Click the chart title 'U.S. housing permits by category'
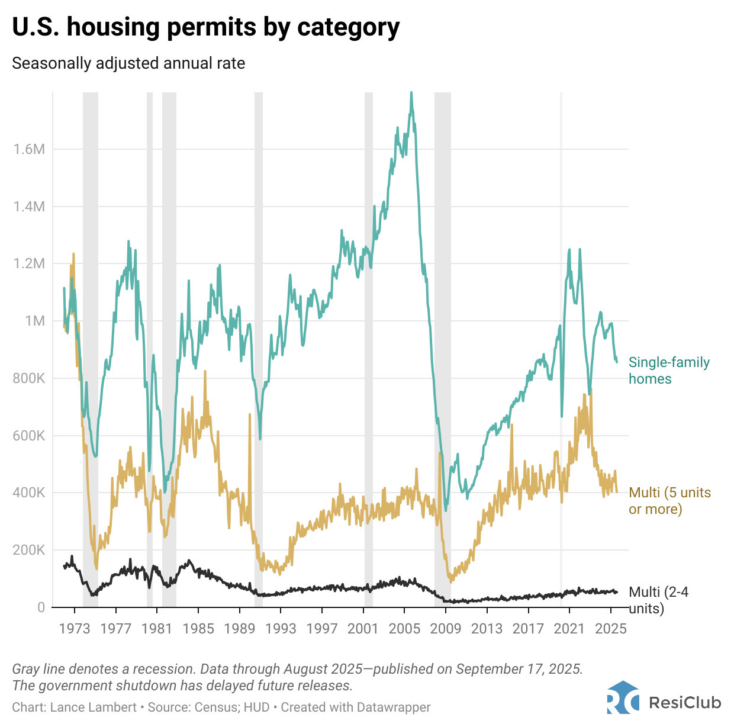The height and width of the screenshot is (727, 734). click(205, 27)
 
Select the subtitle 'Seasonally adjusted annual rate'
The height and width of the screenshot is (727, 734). click(128, 63)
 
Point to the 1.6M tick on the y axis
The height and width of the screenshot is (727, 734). click(29, 149)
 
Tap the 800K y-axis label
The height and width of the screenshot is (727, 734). click(29, 378)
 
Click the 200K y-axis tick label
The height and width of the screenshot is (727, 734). click(29, 550)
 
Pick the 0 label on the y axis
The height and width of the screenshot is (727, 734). click(41, 607)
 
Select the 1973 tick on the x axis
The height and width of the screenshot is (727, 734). click(74, 628)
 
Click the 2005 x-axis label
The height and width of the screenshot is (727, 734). click(404, 628)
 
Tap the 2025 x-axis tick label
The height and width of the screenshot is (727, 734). click(610, 628)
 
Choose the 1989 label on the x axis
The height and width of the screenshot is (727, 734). click(239, 628)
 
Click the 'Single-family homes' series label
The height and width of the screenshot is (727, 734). click(668, 371)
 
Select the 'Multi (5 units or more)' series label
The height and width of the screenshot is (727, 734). click(669, 501)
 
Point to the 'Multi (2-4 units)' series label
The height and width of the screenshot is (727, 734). click(658, 600)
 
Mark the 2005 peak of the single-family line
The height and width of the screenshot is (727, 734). click(411, 93)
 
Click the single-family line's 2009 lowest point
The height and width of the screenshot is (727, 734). click(446, 510)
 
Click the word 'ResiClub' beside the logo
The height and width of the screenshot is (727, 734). click(685, 703)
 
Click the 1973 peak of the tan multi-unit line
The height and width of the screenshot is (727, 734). click(73, 254)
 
